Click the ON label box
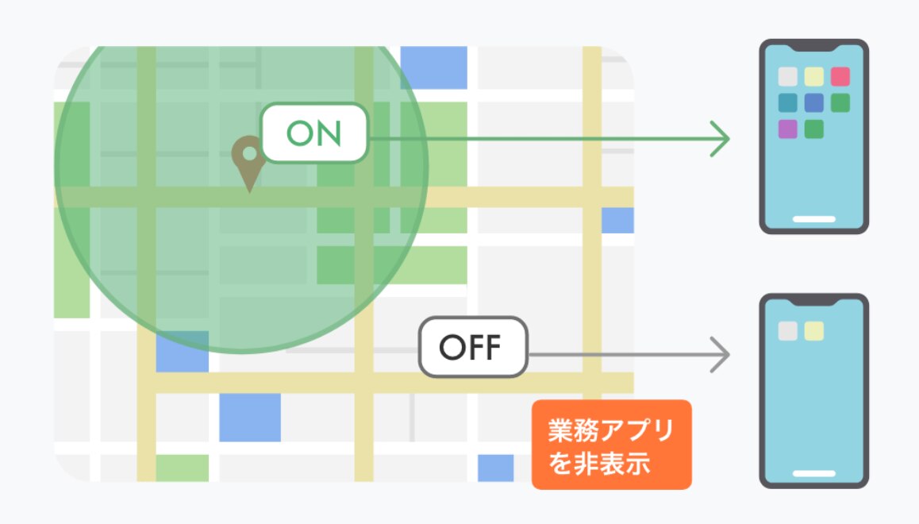(314, 133)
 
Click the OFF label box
(474, 347)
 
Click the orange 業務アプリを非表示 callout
(611, 444)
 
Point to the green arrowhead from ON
(721, 140)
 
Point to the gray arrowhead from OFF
(721, 354)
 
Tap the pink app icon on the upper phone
(840, 77)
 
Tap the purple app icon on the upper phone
(787, 129)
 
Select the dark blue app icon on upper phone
(813, 103)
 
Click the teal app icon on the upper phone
(787, 103)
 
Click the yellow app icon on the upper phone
(813, 77)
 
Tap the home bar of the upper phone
(813, 218)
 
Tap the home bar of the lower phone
(813, 473)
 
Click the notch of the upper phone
(813, 48)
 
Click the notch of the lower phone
(813, 302)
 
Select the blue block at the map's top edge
(433, 67)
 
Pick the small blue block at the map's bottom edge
(495, 468)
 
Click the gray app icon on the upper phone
(787, 77)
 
